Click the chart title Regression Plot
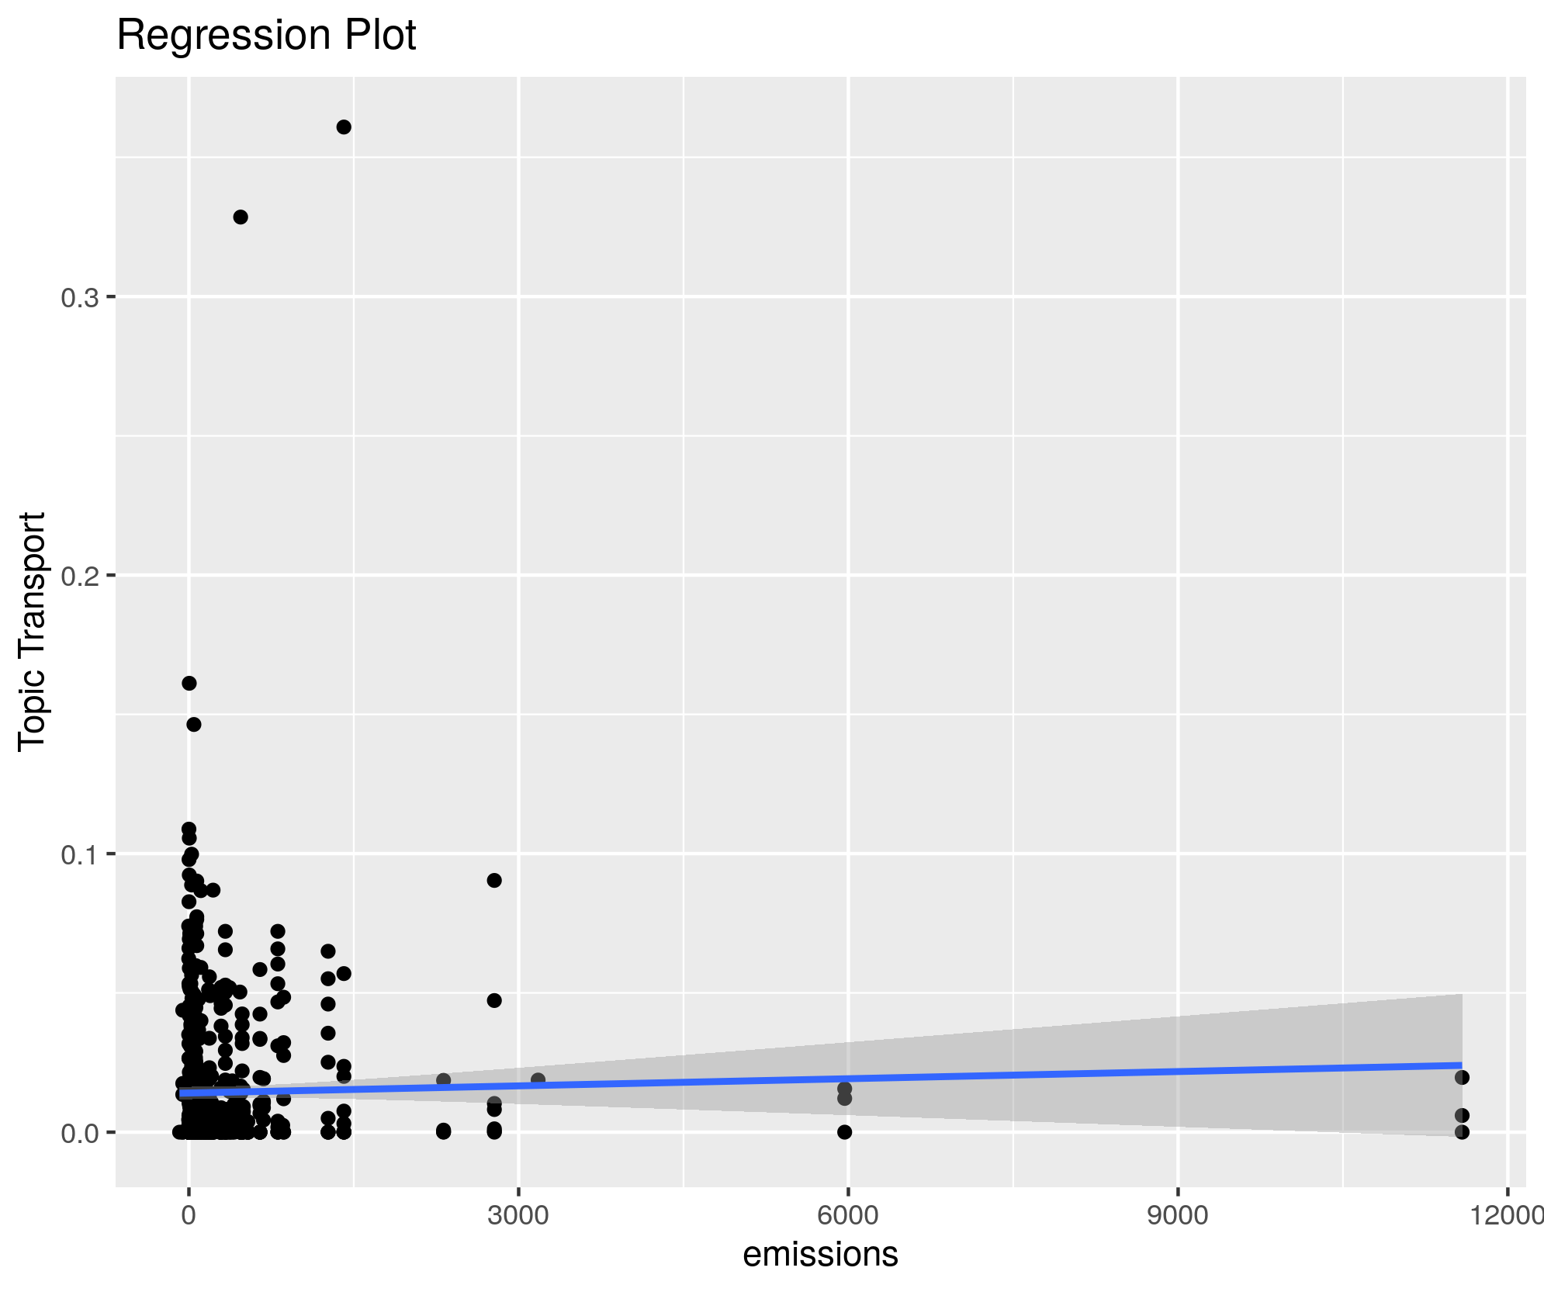tap(266, 36)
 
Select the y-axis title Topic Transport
tap(33, 631)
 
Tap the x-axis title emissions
tap(820, 1254)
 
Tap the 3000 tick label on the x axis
tap(518, 1215)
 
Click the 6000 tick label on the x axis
tap(848, 1215)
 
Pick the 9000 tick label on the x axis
tap(1178, 1215)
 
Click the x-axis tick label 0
tap(189, 1215)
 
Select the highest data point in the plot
tap(344, 127)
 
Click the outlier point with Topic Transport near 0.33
tap(241, 217)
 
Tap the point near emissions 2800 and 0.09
tap(494, 880)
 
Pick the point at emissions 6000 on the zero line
tap(845, 1132)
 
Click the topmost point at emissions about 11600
tap(1463, 1077)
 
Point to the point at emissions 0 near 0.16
tap(189, 683)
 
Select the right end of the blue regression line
tap(1461, 1065)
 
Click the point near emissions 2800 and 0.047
tap(494, 1000)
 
